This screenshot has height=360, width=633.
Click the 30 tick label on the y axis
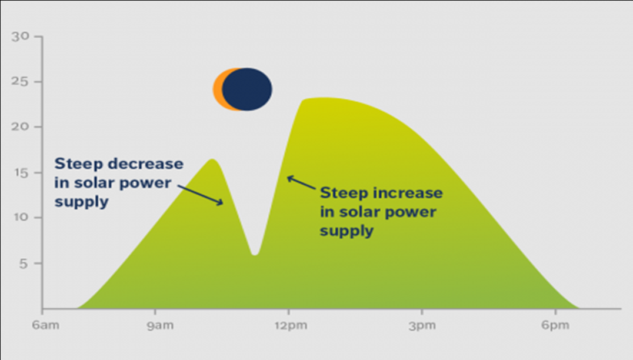pyautogui.click(x=20, y=36)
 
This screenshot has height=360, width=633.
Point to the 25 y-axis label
pyautogui.click(x=20, y=82)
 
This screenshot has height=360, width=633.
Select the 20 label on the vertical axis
pyautogui.click(x=20, y=126)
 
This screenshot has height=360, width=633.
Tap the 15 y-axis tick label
pyautogui.click(x=21, y=173)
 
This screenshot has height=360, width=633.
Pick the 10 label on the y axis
pyautogui.click(x=21, y=218)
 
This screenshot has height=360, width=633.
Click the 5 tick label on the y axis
pyautogui.click(x=24, y=264)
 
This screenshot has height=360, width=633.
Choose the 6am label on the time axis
pyautogui.click(x=46, y=325)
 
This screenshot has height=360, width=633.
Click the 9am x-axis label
pyautogui.click(x=160, y=325)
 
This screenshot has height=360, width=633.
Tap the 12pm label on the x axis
pyautogui.click(x=291, y=325)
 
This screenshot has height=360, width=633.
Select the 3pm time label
pyautogui.click(x=422, y=325)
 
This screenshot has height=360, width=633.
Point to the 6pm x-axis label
pyautogui.click(x=555, y=325)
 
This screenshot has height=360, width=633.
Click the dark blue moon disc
pyautogui.click(x=247, y=89)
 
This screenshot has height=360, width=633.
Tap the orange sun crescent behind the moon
pyautogui.click(x=218, y=89)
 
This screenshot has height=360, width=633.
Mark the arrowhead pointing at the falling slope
pyautogui.click(x=220, y=202)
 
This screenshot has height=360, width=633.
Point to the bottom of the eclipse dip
pyautogui.click(x=255, y=254)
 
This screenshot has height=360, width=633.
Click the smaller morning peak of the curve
pyautogui.click(x=212, y=160)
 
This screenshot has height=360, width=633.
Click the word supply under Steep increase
pyautogui.click(x=347, y=231)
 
